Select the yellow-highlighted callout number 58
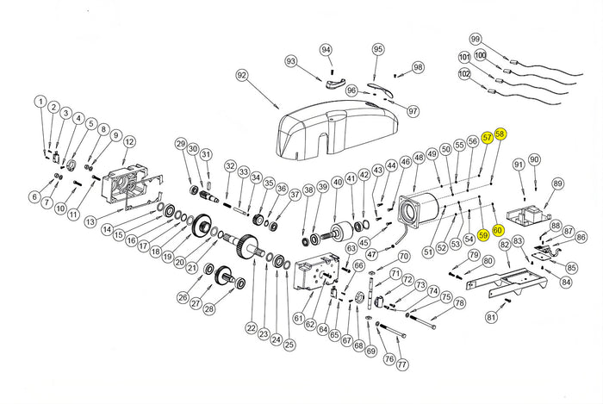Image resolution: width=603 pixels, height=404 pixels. (500, 134)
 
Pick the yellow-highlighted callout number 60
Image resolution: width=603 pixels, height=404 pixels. (498, 231)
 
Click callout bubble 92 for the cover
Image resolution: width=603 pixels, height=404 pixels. (241, 76)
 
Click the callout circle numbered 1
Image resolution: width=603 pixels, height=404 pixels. (40, 102)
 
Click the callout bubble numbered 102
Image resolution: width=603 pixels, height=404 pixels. (464, 74)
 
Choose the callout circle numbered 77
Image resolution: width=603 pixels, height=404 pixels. (401, 364)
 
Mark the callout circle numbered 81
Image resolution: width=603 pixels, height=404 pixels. (491, 317)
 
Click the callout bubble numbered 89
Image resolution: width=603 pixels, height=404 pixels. (557, 183)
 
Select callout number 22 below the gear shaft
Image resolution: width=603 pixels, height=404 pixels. (251, 327)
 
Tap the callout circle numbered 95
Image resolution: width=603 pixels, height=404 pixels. (377, 50)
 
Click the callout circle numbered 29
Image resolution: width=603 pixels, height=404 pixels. (181, 143)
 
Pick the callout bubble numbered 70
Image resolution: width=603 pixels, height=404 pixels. (403, 256)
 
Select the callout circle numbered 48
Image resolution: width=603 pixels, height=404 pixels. (419, 158)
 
